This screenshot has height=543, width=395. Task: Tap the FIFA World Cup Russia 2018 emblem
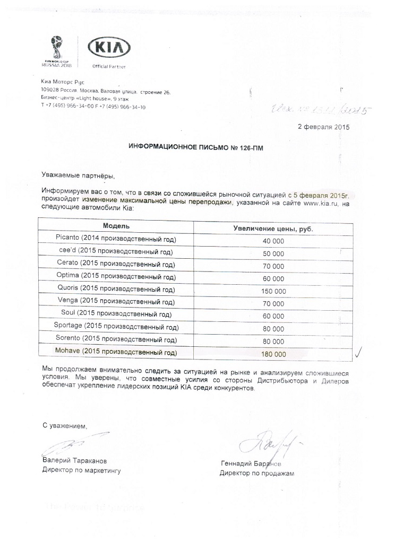click(55, 50)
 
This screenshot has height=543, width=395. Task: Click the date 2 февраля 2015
click(323, 127)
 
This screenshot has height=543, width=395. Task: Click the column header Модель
click(115, 226)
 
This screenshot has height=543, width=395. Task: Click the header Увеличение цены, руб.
click(273, 228)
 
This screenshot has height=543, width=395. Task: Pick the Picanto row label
click(115, 239)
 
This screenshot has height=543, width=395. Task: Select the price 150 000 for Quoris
click(273, 291)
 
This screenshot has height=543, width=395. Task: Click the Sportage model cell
click(115, 327)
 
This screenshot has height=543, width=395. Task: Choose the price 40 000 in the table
click(273, 241)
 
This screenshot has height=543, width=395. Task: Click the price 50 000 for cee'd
click(273, 253)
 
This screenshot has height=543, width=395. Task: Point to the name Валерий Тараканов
click(74, 461)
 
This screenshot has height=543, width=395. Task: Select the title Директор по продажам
click(256, 473)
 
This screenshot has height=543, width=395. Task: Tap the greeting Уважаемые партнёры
click(78, 174)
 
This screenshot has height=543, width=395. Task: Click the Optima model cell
click(115, 276)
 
